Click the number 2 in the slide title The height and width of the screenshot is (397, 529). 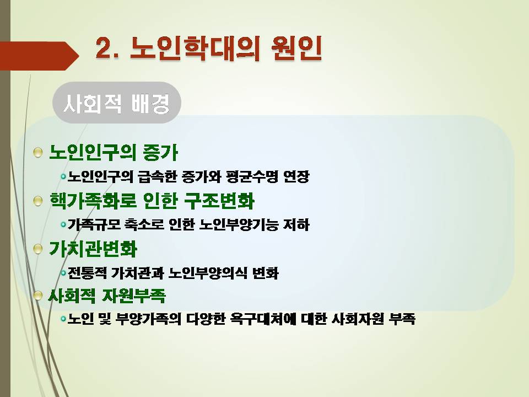click(x=104, y=49)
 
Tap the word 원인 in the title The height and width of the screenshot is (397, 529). click(x=296, y=49)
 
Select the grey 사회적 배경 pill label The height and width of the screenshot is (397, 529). click(x=117, y=103)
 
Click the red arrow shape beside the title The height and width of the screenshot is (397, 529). click(x=39, y=56)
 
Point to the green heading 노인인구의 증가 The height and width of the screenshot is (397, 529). click(x=114, y=152)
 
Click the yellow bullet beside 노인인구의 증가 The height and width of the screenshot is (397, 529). click(x=38, y=153)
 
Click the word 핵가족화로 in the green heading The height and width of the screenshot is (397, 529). click(x=93, y=201)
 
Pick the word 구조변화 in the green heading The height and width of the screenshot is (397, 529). click(x=219, y=201)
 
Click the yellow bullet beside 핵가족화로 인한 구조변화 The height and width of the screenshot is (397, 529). click(x=38, y=201)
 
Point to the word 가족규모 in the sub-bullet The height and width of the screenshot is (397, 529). click(x=94, y=225)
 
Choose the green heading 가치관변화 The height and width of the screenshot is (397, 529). click(x=93, y=249)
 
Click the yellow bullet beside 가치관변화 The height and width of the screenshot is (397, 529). click(x=38, y=249)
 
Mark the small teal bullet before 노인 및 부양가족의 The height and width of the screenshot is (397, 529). click(x=63, y=319)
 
